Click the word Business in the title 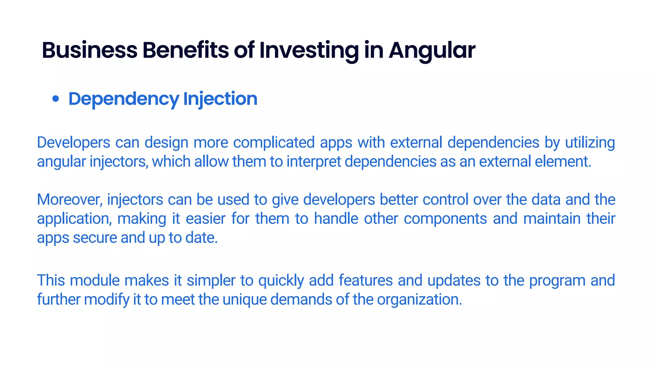tap(89, 50)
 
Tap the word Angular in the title tap(432, 50)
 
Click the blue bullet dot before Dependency tap(56, 99)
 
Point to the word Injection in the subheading tap(220, 99)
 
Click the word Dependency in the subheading tap(124, 99)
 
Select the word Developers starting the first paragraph tap(74, 142)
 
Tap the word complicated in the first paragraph tap(274, 142)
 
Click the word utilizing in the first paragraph tap(590, 142)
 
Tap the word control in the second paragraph tap(445, 200)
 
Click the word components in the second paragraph tap(445, 219)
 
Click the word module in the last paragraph tap(95, 281)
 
